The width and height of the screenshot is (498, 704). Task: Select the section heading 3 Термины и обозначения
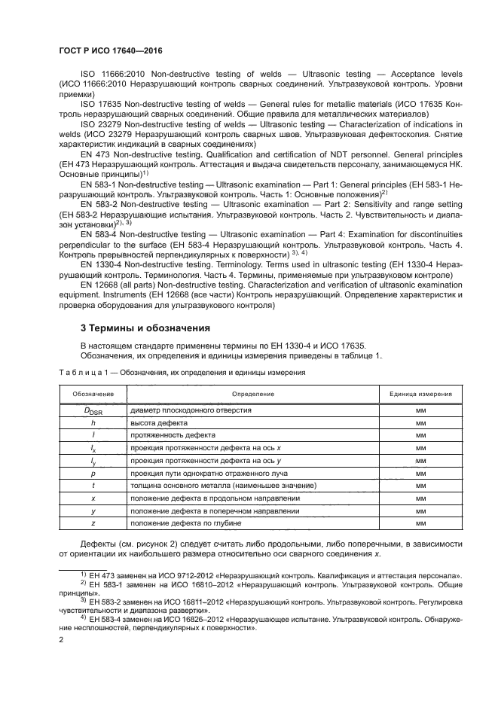click(143, 328)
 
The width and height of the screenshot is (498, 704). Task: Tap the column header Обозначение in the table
click(93, 394)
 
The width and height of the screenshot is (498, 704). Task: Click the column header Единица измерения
click(420, 394)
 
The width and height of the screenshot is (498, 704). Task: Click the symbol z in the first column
click(93, 522)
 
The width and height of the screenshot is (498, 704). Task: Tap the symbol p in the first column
click(93, 473)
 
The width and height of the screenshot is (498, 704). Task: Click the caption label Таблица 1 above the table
click(85, 373)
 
